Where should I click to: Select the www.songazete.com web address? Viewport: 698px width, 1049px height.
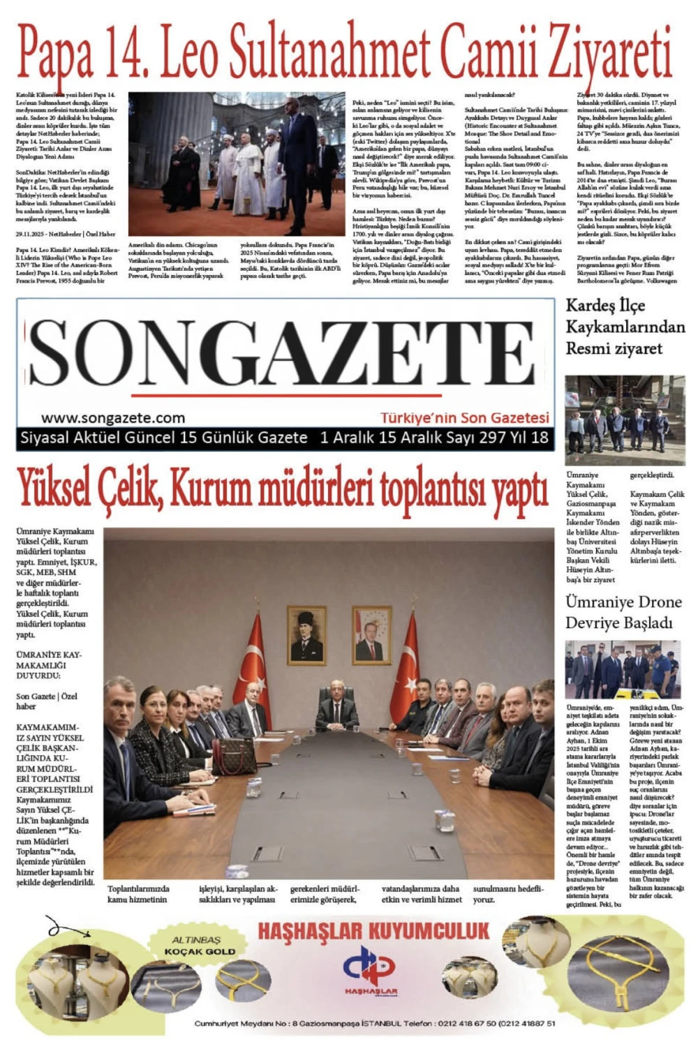tap(113, 418)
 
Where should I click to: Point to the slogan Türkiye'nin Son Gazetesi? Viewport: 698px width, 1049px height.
tap(464, 418)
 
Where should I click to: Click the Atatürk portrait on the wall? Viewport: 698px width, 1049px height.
tap(306, 634)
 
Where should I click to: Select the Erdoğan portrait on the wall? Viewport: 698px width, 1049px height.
tap(371, 634)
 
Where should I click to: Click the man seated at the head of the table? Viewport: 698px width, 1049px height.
tap(337, 708)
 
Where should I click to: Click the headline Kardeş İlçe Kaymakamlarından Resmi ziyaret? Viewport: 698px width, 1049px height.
tap(615, 327)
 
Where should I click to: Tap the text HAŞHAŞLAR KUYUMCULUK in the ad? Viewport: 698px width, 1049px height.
tap(373, 932)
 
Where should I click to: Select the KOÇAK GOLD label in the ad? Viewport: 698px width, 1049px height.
tap(200, 951)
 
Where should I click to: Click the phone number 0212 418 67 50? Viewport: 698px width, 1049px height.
tap(467, 1024)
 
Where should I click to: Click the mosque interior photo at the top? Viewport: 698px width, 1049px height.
tap(237, 164)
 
